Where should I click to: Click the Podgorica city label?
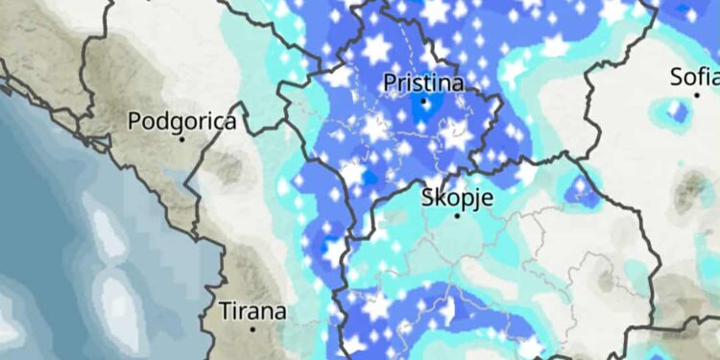[181, 122]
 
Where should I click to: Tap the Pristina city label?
[423, 84]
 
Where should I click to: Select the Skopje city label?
[457, 199]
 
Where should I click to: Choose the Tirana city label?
[252, 312]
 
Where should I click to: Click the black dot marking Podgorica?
[181, 139]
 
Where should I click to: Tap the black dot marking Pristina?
[423, 100]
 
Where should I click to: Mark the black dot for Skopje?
[457, 216]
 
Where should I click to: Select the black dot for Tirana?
[252, 329]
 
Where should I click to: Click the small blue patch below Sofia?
[678, 112]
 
